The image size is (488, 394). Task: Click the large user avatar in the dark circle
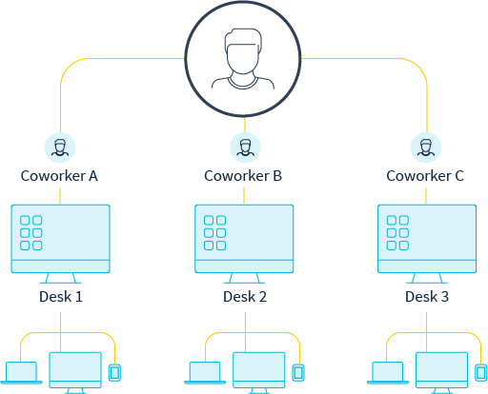243,59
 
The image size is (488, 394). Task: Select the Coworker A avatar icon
60,148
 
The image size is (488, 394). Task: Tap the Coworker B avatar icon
245,148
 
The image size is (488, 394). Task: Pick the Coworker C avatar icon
426,148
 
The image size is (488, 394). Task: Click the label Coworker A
59,176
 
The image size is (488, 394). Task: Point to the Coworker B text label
243,176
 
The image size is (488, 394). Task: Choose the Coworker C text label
425,176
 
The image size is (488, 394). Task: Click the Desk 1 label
61,297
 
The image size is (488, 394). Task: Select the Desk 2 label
245,297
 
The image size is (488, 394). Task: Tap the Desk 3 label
427,297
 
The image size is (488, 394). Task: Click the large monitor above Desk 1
61,244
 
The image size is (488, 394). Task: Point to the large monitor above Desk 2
244,244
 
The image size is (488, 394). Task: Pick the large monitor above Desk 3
427,244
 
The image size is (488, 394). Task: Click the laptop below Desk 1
21,373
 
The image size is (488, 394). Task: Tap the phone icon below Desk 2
298,373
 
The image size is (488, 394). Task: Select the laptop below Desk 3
388,373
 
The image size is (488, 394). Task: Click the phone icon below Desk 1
114,373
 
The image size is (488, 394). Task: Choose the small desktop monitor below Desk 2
259,372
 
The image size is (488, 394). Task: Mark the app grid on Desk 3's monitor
397,233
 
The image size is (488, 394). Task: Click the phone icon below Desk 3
481,373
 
